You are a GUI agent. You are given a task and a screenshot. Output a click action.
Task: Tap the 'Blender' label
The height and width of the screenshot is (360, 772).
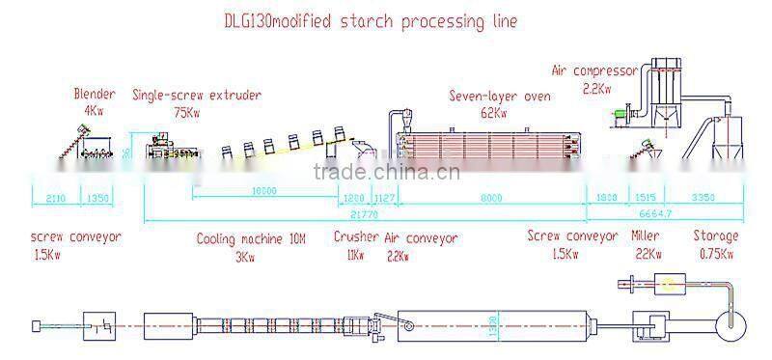tap(95, 95)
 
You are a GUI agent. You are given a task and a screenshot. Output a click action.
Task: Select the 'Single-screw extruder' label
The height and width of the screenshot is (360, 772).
tap(197, 95)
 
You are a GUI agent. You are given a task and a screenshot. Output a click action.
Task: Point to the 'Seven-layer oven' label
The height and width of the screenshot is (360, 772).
tap(497, 96)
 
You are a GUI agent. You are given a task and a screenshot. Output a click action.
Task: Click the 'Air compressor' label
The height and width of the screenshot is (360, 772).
tap(594, 70)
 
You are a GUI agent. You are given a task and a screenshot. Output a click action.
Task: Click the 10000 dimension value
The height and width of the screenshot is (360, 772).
tap(263, 192)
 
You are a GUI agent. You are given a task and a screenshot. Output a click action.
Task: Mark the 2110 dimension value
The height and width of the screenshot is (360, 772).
tap(55, 199)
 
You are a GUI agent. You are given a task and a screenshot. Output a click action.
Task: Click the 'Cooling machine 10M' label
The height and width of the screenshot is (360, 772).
tap(245, 237)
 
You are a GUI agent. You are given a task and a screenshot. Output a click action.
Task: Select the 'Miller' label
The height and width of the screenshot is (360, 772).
tap(645, 236)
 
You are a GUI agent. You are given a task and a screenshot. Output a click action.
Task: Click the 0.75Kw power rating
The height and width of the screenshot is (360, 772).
tap(715, 255)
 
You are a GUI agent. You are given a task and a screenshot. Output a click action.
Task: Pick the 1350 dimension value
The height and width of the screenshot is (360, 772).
tap(100, 199)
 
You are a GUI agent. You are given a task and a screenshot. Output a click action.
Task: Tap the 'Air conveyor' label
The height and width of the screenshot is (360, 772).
tap(421, 237)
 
